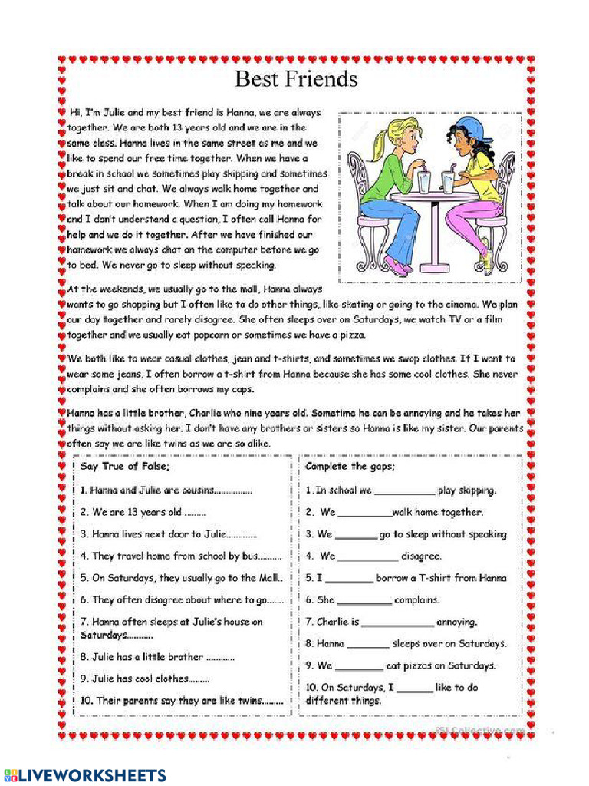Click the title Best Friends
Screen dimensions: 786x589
(x=295, y=79)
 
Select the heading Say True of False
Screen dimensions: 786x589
(x=125, y=467)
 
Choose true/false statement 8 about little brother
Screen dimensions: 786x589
(x=157, y=657)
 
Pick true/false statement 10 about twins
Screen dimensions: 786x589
(x=181, y=701)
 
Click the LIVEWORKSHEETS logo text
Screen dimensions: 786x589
(x=84, y=774)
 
